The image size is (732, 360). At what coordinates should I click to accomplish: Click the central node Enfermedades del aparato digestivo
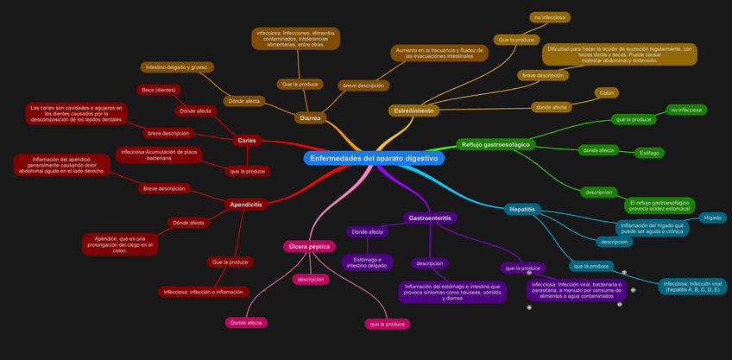(x=374, y=159)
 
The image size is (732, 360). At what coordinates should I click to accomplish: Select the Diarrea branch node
(x=310, y=117)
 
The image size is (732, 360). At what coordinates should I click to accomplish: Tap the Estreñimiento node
(x=414, y=111)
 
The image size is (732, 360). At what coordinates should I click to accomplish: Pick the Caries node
(x=246, y=140)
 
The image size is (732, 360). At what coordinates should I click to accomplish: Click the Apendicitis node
(x=246, y=205)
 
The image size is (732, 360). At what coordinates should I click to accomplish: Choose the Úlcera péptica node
(x=309, y=247)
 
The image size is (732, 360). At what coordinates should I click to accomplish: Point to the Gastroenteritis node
(x=430, y=218)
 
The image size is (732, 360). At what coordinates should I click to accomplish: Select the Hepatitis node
(x=522, y=210)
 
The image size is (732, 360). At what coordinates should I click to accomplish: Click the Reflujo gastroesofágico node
(x=495, y=144)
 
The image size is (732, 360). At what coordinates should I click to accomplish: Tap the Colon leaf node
(x=606, y=92)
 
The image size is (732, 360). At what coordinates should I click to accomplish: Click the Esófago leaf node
(x=649, y=153)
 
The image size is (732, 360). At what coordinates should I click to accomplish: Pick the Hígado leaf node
(x=712, y=218)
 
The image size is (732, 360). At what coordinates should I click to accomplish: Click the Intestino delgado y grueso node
(x=177, y=66)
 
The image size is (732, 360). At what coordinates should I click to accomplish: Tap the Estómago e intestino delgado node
(x=368, y=262)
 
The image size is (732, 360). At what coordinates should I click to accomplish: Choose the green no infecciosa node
(x=687, y=110)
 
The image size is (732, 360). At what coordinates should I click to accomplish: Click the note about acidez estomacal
(x=659, y=205)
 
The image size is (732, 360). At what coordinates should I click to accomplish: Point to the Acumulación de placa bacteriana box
(x=159, y=155)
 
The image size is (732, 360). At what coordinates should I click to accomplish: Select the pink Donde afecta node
(x=246, y=323)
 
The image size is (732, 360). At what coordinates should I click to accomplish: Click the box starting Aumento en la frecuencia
(x=438, y=54)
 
